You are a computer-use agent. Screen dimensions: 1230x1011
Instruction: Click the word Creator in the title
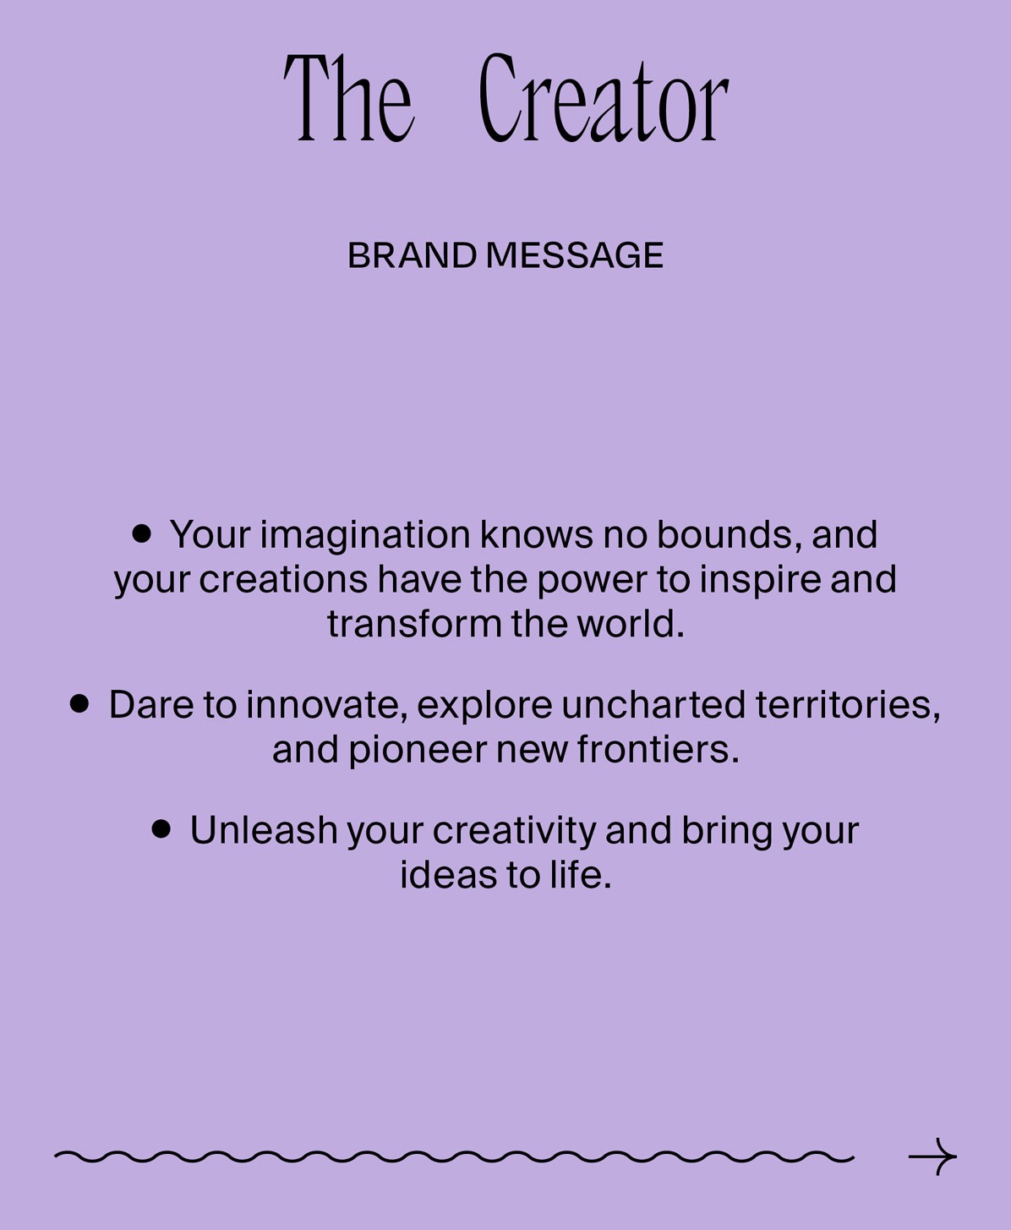tap(604, 100)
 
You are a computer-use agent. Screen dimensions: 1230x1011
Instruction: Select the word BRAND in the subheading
tap(412, 256)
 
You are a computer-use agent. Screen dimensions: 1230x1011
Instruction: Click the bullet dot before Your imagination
tap(142, 533)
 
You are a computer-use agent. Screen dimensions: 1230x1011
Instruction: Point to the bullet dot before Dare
tap(79, 703)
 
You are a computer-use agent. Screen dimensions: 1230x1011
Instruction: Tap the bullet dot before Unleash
tap(161, 828)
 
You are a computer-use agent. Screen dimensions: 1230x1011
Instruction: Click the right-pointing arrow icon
tap(932, 1156)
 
